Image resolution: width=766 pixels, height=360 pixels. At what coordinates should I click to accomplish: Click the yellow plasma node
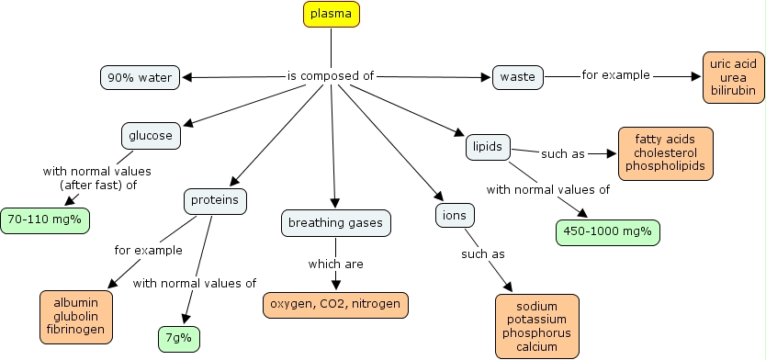coord(331,14)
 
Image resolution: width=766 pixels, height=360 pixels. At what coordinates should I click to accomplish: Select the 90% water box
coord(140,77)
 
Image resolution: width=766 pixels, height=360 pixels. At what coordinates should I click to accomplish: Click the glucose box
coord(151,136)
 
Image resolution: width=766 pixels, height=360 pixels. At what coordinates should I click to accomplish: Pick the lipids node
coord(486,146)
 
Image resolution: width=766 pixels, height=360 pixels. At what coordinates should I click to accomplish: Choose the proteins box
coord(215,200)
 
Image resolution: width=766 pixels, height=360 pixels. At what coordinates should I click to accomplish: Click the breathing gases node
coord(335,223)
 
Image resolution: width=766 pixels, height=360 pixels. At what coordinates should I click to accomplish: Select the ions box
coord(454,216)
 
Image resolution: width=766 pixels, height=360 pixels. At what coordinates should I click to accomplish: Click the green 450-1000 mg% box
coord(608,231)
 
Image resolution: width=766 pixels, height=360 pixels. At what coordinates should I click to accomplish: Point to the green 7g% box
coord(179,339)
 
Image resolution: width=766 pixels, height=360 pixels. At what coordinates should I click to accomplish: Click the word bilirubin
coord(732,93)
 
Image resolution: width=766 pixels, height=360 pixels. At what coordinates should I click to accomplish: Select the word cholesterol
coord(665,153)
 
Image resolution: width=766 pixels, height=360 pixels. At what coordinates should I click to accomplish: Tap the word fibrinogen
coord(76,329)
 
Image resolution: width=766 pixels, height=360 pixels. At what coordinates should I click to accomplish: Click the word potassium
coord(536,319)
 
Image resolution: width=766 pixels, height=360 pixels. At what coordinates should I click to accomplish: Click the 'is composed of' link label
coord(331,76)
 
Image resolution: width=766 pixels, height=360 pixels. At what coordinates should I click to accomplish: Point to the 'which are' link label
coord(335,264)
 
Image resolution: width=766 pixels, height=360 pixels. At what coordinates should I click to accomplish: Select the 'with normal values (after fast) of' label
coord(96,178)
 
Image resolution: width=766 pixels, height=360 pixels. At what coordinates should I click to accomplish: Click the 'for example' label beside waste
coord(615,74)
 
